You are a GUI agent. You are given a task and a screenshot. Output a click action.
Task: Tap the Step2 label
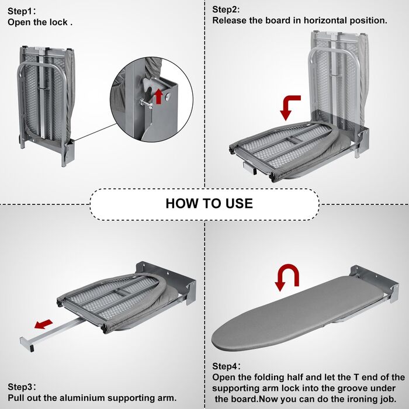226,9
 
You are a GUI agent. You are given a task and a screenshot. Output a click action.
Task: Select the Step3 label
22,387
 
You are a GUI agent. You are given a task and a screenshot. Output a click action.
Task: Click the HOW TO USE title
209,203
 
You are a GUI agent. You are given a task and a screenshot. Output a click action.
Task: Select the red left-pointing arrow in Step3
41,324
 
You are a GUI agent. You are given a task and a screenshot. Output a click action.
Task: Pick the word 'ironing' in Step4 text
351,399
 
